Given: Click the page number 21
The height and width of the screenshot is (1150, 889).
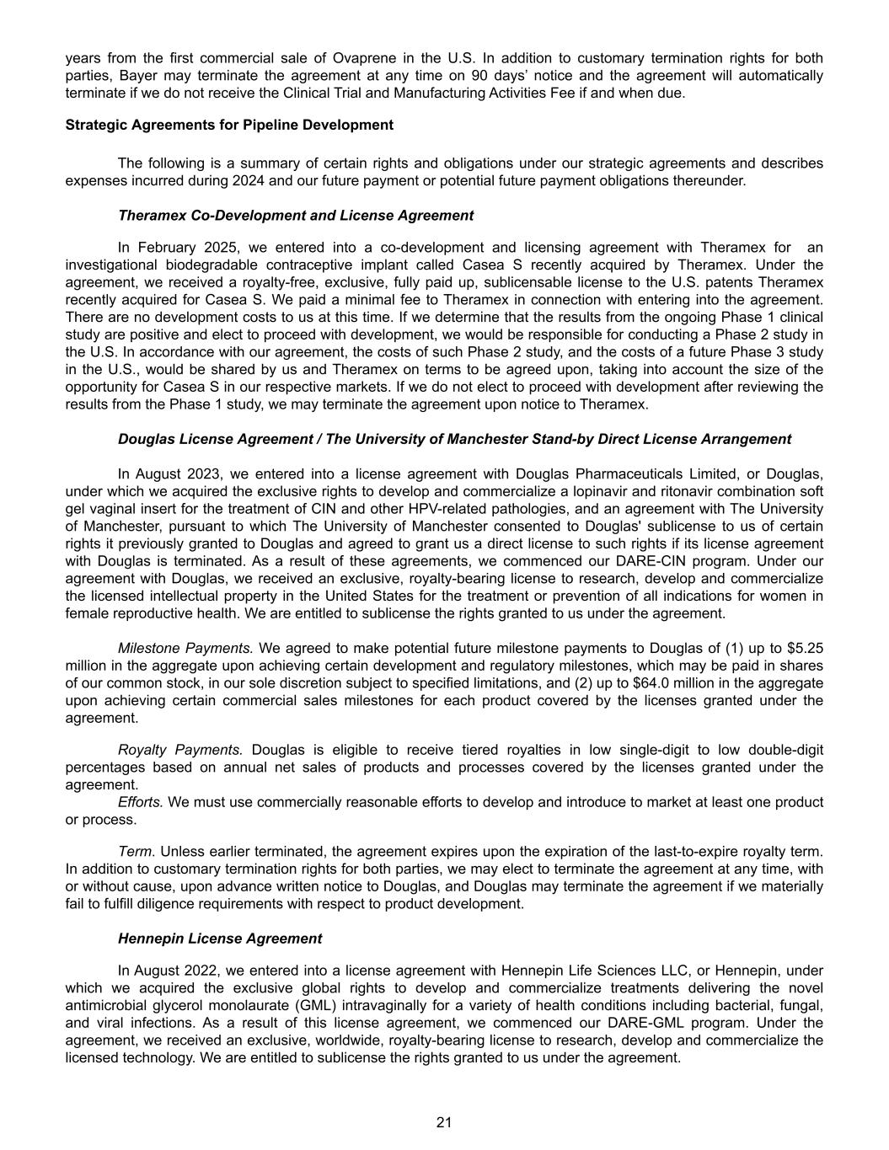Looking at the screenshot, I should coord(444,1121).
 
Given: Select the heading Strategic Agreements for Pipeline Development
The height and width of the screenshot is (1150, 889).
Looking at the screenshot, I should coord(229,125).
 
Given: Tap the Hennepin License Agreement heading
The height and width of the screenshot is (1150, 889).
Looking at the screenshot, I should coord(220,938).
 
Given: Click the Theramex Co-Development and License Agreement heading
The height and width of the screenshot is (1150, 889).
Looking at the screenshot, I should coord(296,215).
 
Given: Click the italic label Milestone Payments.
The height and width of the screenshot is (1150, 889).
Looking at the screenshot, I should coord(185,648).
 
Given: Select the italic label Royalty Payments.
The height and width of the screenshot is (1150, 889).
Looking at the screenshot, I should coord(180,749).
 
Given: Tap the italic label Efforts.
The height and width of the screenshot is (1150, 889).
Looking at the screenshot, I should coord(141,801).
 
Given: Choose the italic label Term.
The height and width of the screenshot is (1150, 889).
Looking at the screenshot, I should coord(136,852).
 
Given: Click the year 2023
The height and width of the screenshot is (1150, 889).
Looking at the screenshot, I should coord(200,473).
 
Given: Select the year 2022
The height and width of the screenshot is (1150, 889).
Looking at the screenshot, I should coord(200,971).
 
